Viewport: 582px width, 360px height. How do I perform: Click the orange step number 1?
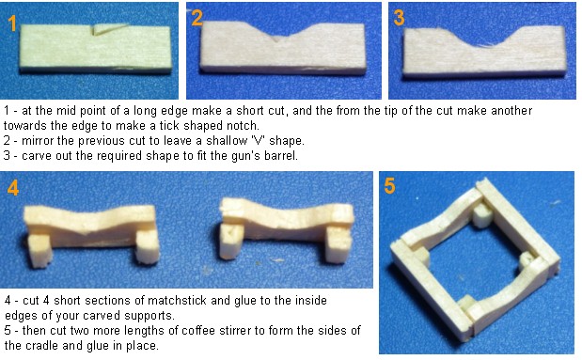tap(12, 23)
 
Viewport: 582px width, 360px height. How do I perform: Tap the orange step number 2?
tap(197, 18)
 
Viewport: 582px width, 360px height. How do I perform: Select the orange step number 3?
tap(399, 18)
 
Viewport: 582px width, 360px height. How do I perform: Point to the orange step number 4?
tap(13, 188)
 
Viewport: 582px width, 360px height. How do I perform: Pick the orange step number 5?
tap(390, 186)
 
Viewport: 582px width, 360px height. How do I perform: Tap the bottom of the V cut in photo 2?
tap(276, 40)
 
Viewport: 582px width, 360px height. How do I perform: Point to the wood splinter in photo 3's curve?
tap(486, 46)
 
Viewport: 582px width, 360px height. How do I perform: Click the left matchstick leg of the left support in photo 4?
tap(39, 251)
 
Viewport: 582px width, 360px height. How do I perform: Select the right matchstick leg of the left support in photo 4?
tap(148, 247)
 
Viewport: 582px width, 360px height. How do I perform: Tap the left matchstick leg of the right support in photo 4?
tap(231, 242)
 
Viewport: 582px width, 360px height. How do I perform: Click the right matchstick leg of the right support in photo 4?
tap(338, 245)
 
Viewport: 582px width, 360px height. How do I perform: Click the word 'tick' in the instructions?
tap(169, 125)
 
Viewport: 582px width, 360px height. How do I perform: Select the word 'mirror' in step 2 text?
tap(38, 141)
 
